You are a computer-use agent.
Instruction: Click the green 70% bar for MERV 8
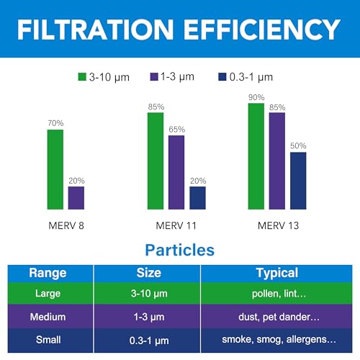tap(55, 169)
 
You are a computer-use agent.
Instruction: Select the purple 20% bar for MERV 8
tap(76, 197)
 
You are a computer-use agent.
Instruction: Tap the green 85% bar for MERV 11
tap(156, 161)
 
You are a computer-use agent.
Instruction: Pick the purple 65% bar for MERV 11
tap(176, 172)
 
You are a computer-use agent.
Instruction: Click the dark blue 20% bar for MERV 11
tap(197, 197)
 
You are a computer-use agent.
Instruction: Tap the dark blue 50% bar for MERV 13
tap(298, 180)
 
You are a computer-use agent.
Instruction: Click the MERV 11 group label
tap(176, 225)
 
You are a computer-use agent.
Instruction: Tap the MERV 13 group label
tap(278, 225)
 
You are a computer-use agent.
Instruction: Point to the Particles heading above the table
tap(180, 251)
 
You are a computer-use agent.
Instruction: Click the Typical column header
tap(276, 273)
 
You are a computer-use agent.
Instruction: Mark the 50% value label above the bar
tap(298, 146)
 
